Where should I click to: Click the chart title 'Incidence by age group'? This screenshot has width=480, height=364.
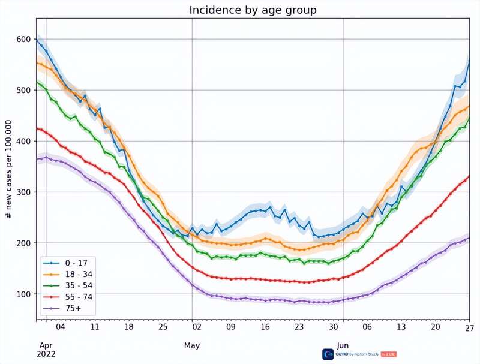253,10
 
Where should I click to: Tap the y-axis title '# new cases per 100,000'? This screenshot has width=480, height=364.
9,168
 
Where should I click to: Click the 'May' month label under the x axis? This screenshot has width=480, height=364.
192,346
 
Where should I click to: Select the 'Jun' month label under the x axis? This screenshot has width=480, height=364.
343,346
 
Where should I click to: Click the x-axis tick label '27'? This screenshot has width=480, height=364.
469,327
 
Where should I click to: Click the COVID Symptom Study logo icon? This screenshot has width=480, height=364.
328,354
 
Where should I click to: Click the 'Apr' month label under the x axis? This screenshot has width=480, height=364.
46,346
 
